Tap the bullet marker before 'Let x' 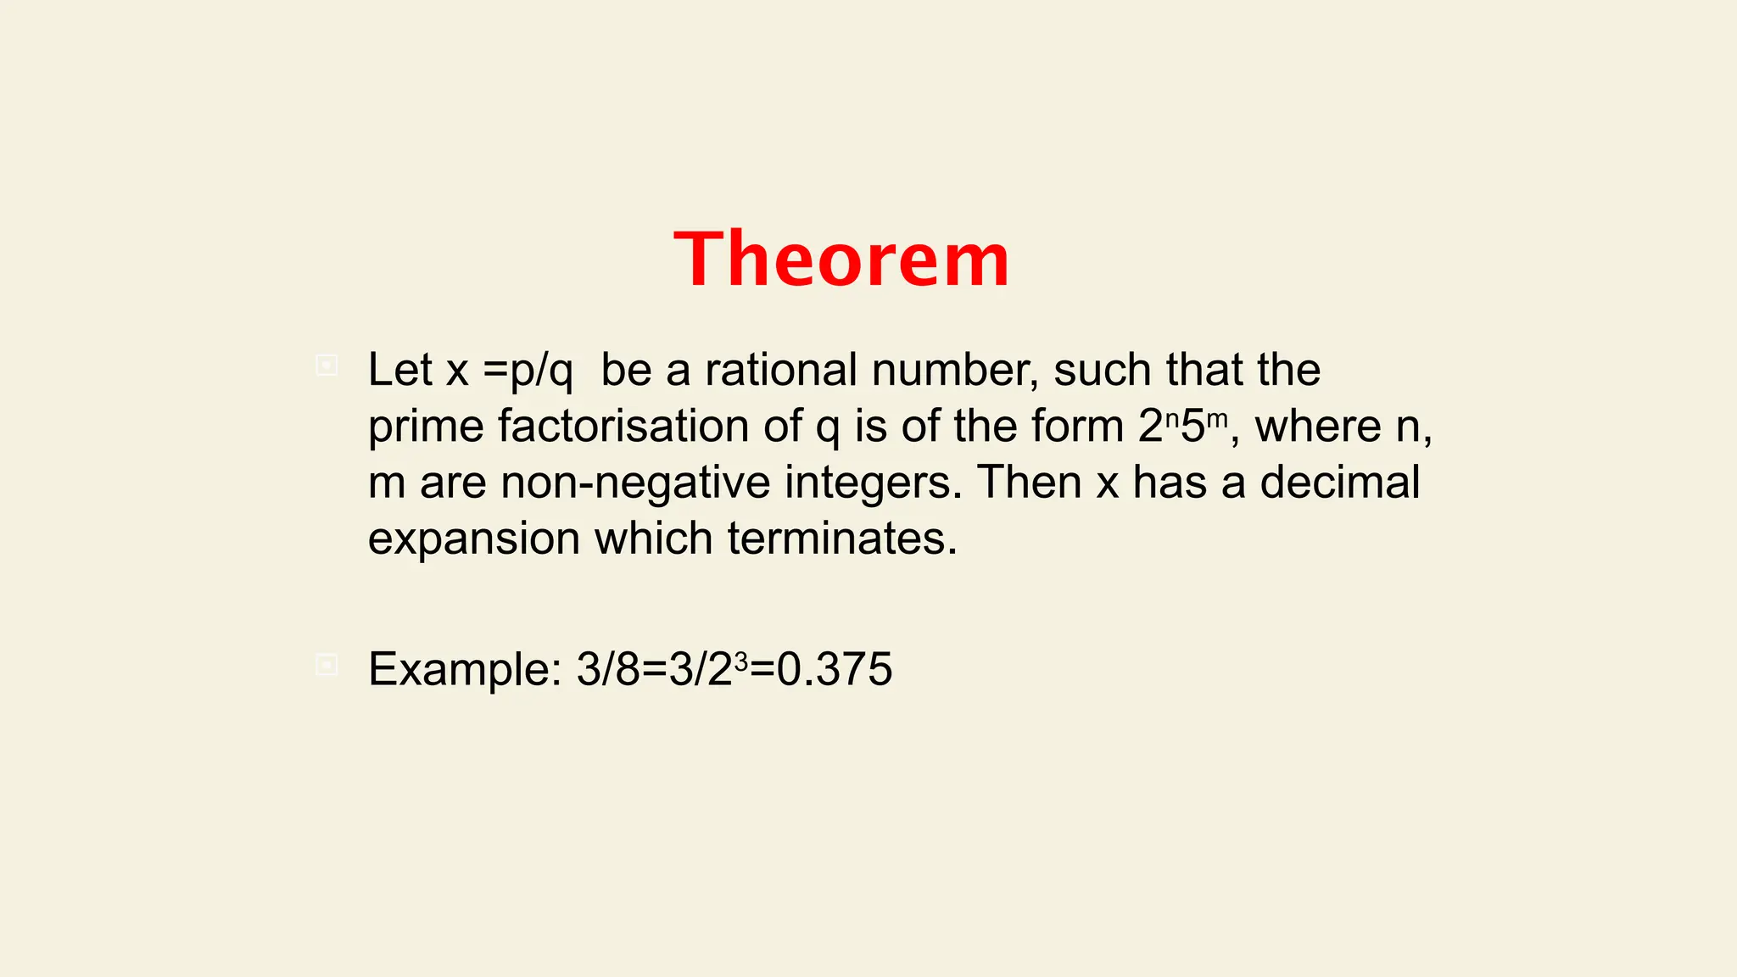[327, 366]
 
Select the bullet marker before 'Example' [327, 665]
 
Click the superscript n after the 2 [1172, 418]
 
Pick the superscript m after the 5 [1216, 418]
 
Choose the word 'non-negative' [635, 483]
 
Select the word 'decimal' [1339, 482]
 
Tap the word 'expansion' [474, 539]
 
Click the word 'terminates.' [842, 539]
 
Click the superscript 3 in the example [740, 661]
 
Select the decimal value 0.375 [835, 669]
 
